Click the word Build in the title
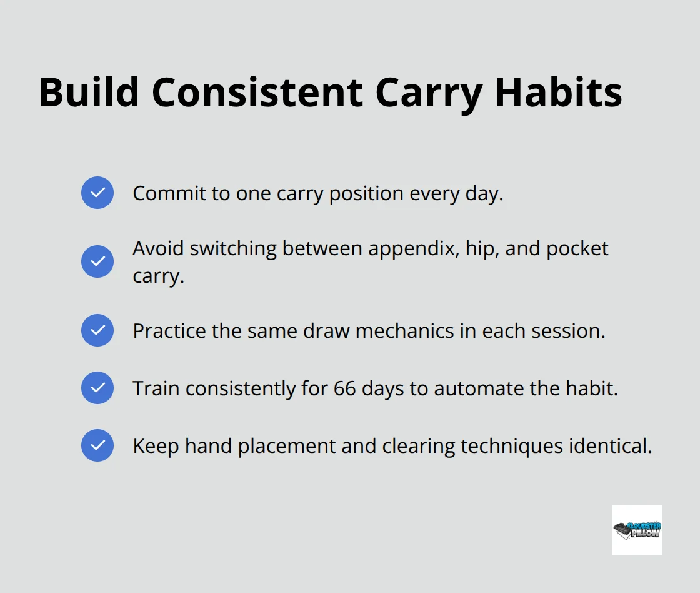pyautogui.click(x=89, y=93)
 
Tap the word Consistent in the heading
pyautogui.click(x=257, y=93)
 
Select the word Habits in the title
pyautogui.click(x=557, y=93)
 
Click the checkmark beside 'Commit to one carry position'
pyautogui.click(x=97, y=193)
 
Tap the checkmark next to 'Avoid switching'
pyautogui.click(x=97, y=261)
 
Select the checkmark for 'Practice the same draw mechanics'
pyautogui.click(x=97, y=330)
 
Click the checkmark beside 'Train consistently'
pyautogui.click(x=97, y=388)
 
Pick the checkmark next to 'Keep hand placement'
pyautogui.click(x=97, y=445)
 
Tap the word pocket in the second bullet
pyautogui.click(x=578, y=249)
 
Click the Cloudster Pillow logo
pyautogui.click(x=637, y=530)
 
